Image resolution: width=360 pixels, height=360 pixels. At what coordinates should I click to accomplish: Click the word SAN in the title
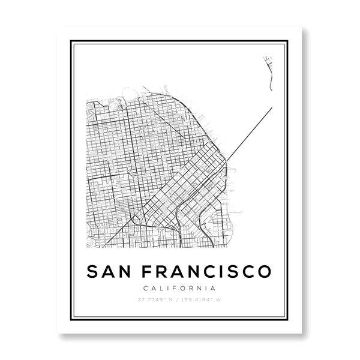pos(109,271)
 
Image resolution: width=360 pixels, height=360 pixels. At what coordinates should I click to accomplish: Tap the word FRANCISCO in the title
pos(207,271)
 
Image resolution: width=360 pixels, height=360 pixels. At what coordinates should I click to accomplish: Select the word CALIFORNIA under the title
pos(179,288)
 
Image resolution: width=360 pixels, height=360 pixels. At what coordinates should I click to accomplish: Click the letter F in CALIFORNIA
pos(178,288)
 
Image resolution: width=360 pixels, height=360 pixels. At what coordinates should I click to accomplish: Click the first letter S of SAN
pos(93,271)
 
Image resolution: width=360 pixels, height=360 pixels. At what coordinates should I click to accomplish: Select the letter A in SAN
pos(109,271)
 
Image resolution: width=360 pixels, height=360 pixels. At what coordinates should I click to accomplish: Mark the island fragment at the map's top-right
pos(268,69)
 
